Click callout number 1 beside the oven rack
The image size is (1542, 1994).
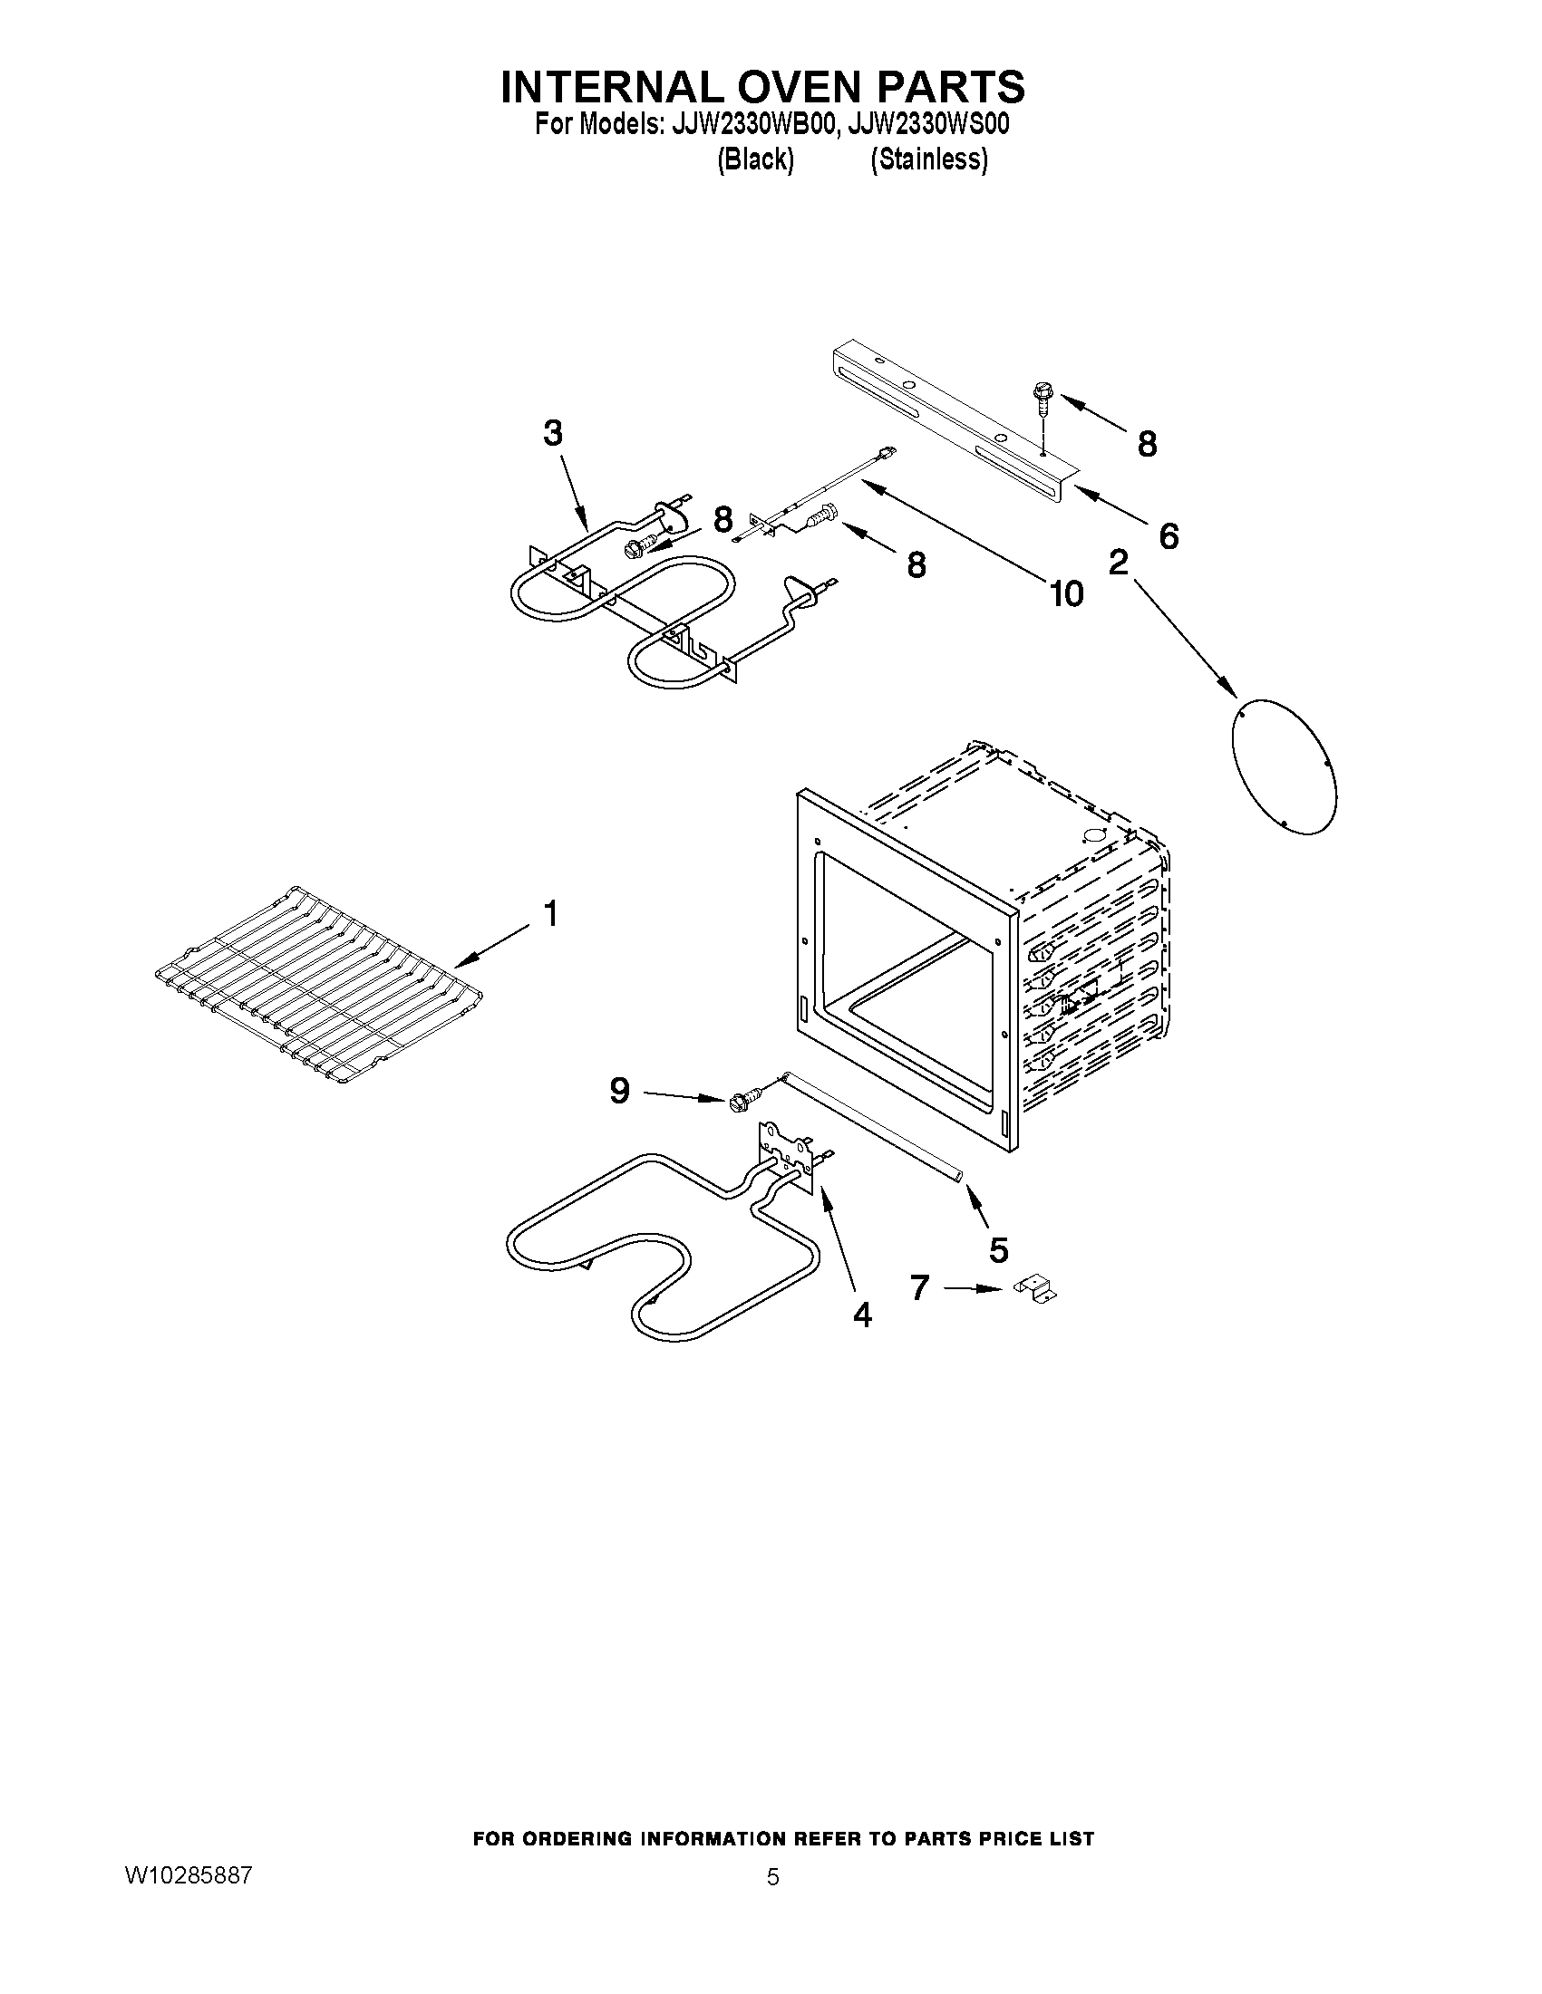point(551,912)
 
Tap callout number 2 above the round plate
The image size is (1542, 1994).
point(1118,564)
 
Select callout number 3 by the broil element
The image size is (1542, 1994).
point(553,433)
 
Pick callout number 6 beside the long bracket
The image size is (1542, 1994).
point(1169,536)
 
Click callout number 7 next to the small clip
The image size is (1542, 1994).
point(919,1287)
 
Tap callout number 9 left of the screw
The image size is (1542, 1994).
point(619,1090)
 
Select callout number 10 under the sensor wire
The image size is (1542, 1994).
point(1066,593)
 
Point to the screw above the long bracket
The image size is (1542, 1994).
point(1040,399)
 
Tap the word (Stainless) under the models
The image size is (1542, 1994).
point(928,159)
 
